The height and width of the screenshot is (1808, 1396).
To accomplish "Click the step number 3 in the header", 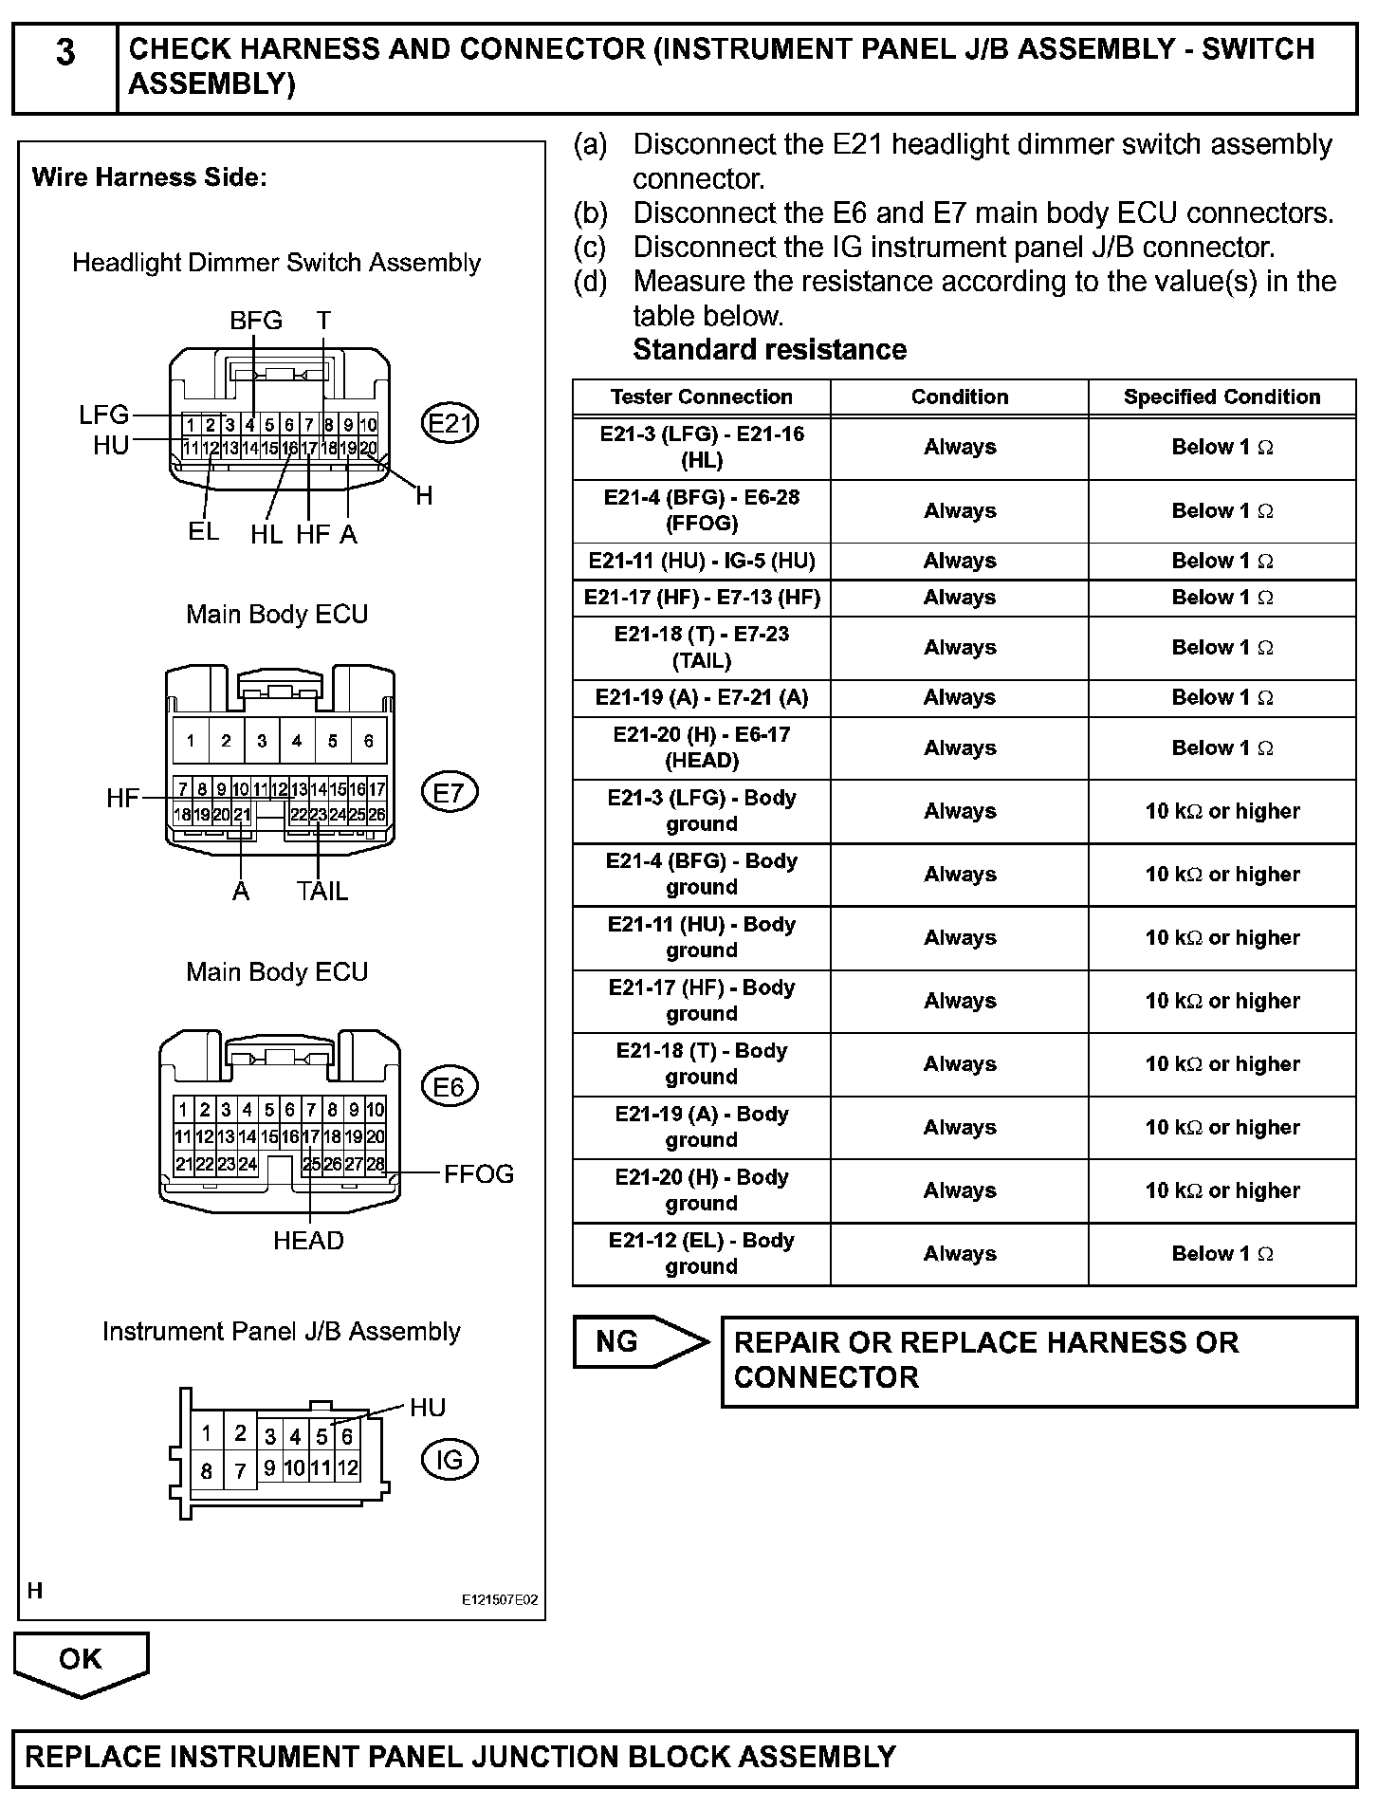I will (64, 53).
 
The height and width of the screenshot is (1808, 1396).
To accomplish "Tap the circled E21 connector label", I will (449, 423).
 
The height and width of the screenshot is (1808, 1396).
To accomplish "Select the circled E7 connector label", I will (449, 792).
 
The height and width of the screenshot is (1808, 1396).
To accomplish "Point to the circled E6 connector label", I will (449, 1086).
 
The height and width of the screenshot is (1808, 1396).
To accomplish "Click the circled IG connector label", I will (449, 1460).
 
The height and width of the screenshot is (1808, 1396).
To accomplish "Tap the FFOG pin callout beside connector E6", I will (479, 1173).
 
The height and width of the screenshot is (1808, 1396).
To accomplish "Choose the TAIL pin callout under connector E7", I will (321, 891).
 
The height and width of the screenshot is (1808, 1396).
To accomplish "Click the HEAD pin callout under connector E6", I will (308, 1241).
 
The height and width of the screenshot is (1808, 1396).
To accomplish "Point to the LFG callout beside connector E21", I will (103, 415).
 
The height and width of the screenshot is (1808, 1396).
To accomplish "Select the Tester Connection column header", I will (701, 397).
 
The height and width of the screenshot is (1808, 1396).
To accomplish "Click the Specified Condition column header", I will (1221, 397).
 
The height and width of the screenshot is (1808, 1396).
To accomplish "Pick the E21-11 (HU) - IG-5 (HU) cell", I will (701, 561).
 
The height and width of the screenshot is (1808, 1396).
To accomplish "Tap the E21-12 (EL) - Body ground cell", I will (701, 1254).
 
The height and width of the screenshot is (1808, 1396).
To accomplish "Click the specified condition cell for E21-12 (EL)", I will (1221, 1254).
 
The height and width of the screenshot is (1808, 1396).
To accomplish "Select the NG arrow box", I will (637, 1342).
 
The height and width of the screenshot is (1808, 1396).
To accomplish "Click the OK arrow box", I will (81, 1659).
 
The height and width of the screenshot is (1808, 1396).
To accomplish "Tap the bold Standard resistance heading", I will (769, 350).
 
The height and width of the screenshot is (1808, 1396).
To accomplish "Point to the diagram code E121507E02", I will (500, 1600).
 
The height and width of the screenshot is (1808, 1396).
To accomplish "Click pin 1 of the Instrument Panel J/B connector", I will (206, 1433).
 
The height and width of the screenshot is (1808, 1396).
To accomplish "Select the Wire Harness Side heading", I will (149, 177).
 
